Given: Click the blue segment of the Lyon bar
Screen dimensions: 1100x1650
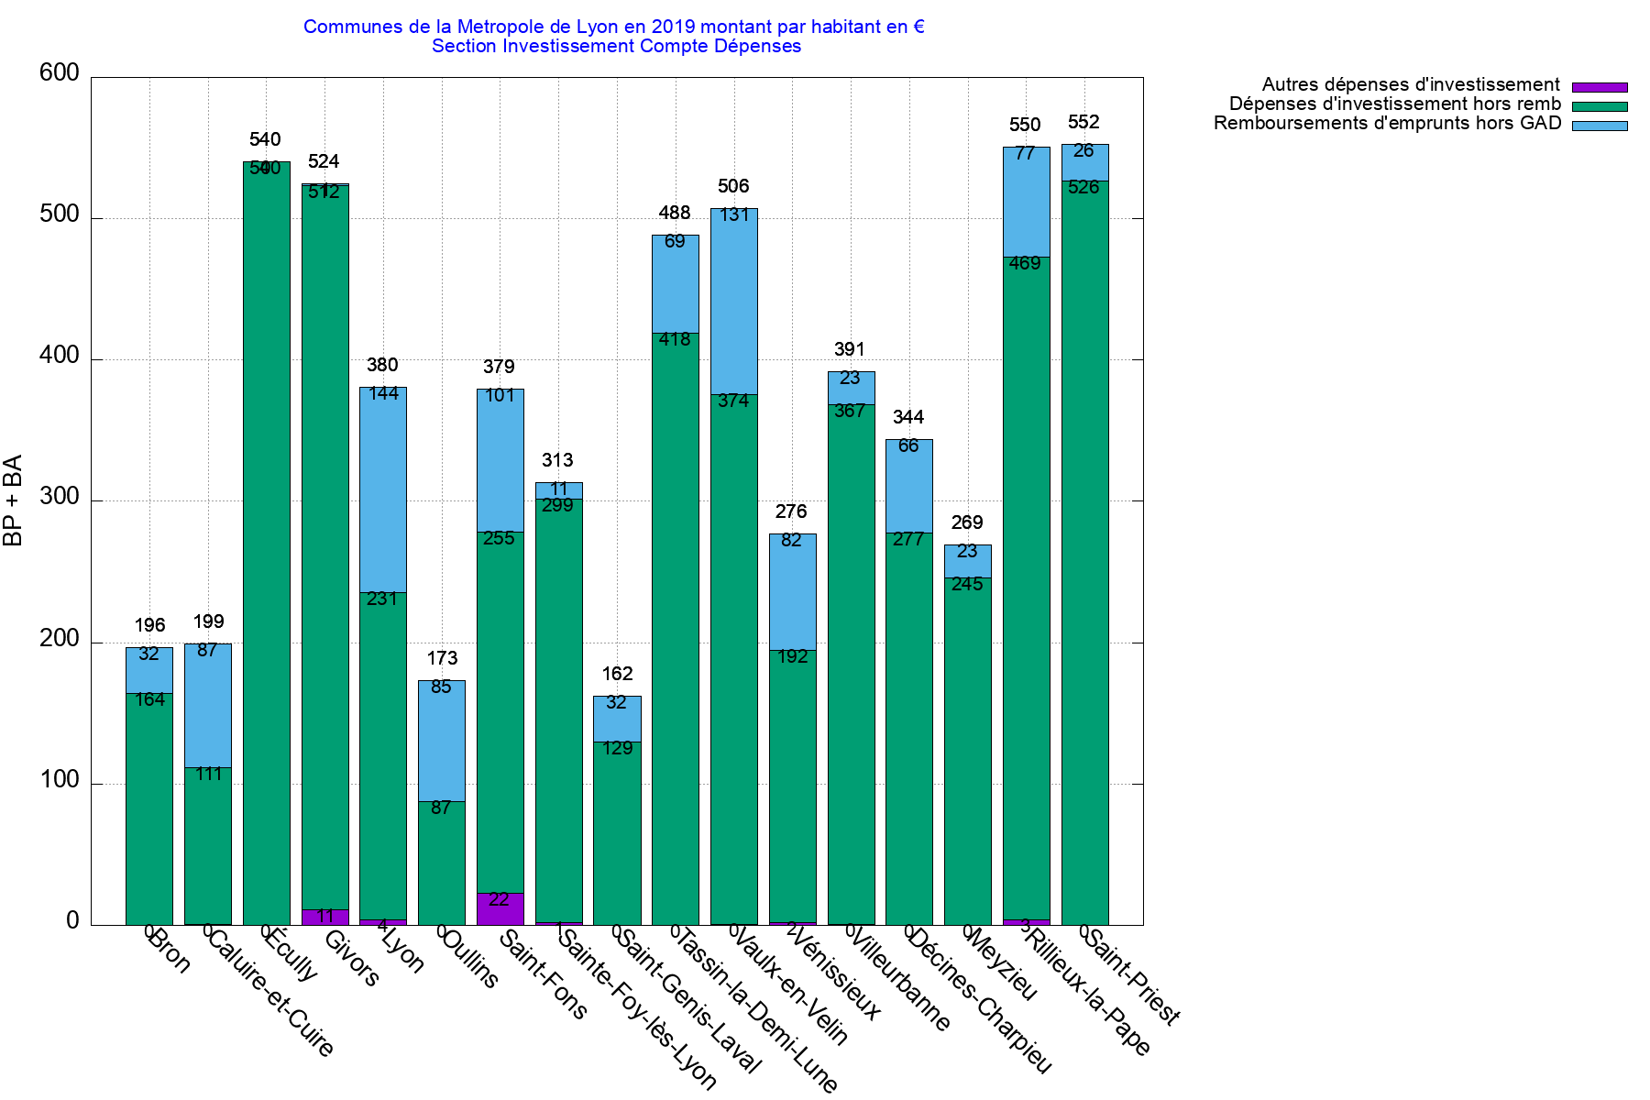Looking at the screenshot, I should pyautogui.click(x=383, y=490).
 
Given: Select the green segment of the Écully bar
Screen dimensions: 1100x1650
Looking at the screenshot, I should pyautogui.click(x=267, y=550).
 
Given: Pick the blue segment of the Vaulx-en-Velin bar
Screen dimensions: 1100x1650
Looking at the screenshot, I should pyautogui.click(x=734, y=302).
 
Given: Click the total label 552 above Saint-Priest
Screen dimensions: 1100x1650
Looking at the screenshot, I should pyautogui.click(x=1083, y=123).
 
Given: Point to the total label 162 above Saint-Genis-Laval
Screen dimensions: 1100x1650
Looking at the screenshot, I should pyautogui.click(x=617, y=675).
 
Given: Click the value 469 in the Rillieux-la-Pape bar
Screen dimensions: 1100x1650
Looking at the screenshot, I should pyautogui.click(x=1025, y=264).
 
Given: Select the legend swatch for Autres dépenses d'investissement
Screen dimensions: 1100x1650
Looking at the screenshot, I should pyautogui.click(x=1600, y=87).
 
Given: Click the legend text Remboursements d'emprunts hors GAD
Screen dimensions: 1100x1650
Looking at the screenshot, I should pyautogui.click(x=1387, y=124).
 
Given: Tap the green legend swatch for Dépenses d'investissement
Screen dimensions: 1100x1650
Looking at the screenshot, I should pyautogui.click(x=1600, y=106).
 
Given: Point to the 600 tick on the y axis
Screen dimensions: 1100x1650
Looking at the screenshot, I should pyautogui.click(x=60, y=73).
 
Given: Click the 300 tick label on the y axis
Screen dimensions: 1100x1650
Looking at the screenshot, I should pyautogui.click(x=60, y=498).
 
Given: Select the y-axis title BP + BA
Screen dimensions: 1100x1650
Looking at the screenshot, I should pyautogui.click(x=13, y=500).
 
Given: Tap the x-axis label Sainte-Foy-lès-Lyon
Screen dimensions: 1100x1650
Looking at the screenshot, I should pyautogui.click(x=637, y=1008).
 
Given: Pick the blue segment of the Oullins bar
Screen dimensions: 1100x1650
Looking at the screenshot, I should pyautogui.click(x=442, y=741).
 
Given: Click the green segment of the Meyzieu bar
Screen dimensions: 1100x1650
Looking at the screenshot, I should pyautogui.click(x=968, y=752).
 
